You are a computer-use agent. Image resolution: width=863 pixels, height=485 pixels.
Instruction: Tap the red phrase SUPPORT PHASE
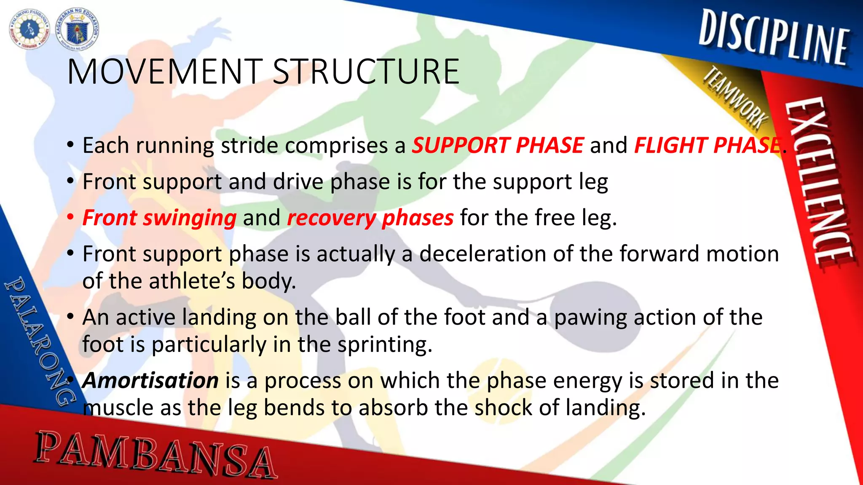pyautogui.click(x=498, y=145)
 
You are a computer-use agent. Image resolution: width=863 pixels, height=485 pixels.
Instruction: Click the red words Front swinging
pyautogui.click(x=159, y=218)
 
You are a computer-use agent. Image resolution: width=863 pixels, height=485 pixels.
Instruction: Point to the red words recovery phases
pyautogui.click(x=370, y=218)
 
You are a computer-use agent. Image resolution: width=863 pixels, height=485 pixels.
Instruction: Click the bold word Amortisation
pyautogui.click(x=150, y=381)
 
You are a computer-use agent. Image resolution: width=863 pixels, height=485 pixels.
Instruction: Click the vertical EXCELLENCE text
pyautogui.click(x=820, y=181)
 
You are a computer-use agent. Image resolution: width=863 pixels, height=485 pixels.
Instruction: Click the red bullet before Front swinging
pyautogui.click(x=71, y=217)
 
